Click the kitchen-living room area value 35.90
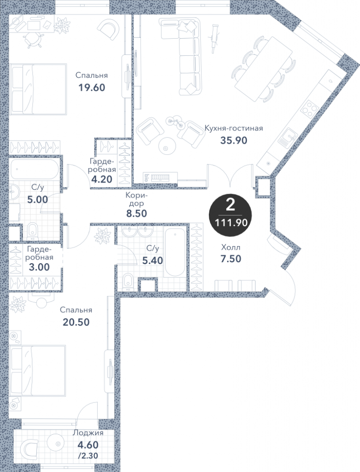234,140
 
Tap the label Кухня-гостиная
234,129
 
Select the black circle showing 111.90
230,215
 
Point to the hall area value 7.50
231,259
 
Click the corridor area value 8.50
136,213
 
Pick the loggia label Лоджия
88,433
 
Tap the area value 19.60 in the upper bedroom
92,88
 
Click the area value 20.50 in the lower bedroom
76,322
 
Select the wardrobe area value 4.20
102,179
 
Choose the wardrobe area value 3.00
40,267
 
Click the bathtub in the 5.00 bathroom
34,170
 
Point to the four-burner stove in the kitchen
309,107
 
